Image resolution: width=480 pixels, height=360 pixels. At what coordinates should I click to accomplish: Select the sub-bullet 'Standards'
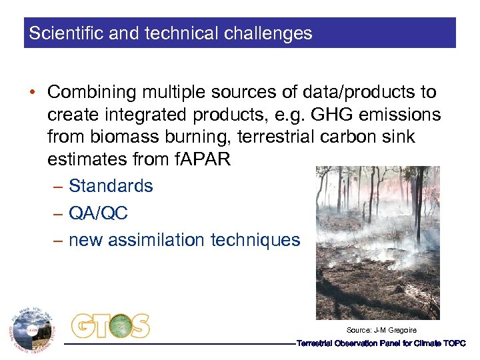(111, 186)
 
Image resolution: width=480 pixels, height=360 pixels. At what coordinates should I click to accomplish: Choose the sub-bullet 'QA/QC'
(98, 213)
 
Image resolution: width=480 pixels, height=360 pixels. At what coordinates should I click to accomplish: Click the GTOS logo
(111, 326)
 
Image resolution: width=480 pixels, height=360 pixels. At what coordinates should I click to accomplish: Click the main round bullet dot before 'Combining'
(33, 93)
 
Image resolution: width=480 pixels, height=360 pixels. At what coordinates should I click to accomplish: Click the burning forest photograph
(377, 243)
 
